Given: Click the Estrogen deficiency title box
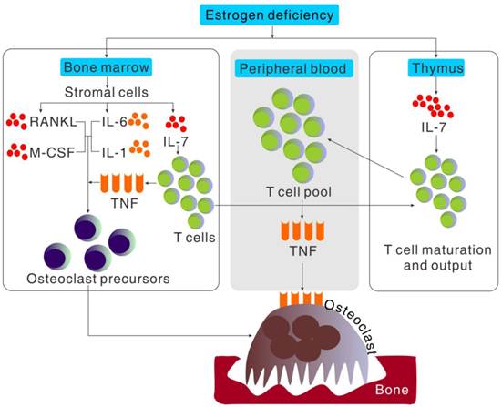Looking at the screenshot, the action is click(270, 15).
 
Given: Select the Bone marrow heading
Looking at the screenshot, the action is click(107, 67).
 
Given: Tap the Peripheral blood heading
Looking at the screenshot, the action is click(293, 68).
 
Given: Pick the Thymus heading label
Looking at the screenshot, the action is click(437, 67).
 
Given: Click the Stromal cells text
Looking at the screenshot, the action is click(107, 93).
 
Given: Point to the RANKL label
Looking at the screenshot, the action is click(53, 122).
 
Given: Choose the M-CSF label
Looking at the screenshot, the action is click(52, 153).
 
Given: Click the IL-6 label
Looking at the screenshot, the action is click(114, 122).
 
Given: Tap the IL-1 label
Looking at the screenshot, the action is click(114, 153).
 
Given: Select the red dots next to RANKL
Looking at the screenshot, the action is click(16, 121).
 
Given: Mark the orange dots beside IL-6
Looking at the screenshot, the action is click(138, 120).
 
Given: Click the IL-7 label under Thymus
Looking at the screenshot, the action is click(434, 128).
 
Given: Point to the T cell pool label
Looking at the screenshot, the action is click(299, 192).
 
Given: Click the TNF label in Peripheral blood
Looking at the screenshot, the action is click(302, 251).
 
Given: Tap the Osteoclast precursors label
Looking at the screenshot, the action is click(98, 279).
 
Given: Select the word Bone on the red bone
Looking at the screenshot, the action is click(392, 390).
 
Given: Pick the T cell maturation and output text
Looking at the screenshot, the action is click(437, 258).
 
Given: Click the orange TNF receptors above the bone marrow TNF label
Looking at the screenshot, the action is click(122, 183).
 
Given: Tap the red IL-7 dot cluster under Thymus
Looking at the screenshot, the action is click(433, 106).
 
